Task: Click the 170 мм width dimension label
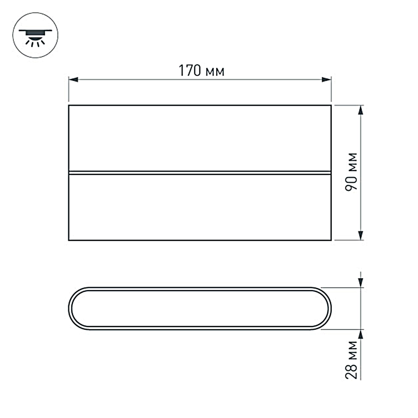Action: pos(202,71)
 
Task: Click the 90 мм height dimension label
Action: pos(352,172)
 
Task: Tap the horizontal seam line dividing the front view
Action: pos(200,172)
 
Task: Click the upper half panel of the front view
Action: pos(200,138)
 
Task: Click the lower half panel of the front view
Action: pos(200,207)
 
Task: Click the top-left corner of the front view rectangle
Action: pos(69,105)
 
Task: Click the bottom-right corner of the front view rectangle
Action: pos(331,240)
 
